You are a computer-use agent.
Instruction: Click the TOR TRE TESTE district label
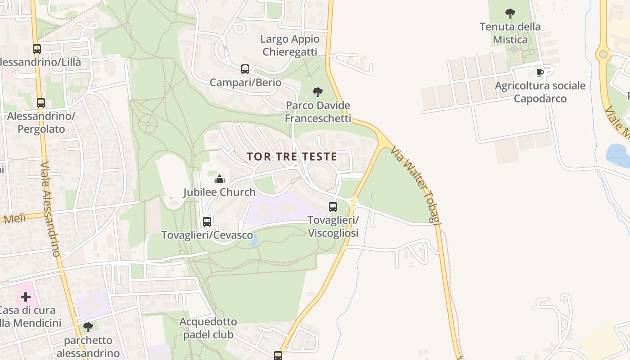(292, 157)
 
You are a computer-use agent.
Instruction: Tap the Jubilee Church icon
(219, 179)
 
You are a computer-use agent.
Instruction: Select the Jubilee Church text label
(219, 192)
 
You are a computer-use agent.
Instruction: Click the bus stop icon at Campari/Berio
(245, 69)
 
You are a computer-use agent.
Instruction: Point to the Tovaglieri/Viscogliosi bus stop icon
(333, 207)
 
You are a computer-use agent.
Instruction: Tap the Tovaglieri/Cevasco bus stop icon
(207, 222)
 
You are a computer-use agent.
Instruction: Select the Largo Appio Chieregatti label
(290, 45)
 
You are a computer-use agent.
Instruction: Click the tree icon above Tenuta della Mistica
(510, 13)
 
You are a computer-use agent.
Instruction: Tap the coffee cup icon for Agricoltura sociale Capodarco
(540, 72)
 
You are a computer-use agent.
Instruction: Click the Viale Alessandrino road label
(49, 209)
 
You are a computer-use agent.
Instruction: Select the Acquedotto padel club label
(208, 328)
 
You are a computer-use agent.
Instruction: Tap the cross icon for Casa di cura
(26, 297)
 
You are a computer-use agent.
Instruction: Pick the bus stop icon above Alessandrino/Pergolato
(41, 103)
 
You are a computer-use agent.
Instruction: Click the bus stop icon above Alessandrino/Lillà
(37, 49)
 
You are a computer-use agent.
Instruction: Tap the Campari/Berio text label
(245, 83)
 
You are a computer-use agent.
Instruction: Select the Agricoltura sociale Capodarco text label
(540, 92)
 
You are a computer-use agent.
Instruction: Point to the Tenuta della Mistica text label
(510, 33)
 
